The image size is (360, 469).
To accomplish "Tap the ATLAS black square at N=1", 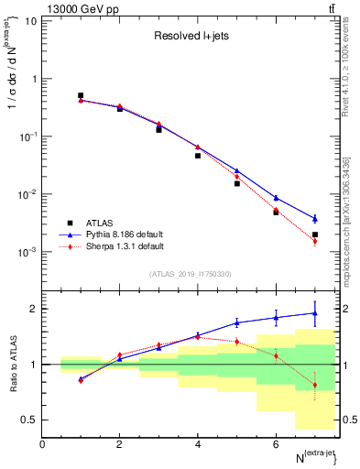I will (x=81, y=95).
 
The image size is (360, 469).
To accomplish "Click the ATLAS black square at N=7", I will (x=315, y=234).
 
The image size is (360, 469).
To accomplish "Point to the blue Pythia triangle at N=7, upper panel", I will (x=315, y=218).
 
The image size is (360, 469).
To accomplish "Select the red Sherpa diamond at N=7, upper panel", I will (x=315, y=242).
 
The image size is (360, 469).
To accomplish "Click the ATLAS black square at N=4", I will (x=198, y=156).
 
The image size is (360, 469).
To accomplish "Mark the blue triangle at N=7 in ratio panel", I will (x=315, y=313).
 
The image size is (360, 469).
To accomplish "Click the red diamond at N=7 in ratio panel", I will (x=315, y=385).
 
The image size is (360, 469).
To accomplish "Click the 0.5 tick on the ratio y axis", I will (x=31, y=420).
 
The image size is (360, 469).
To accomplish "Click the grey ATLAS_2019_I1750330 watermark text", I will (x=191, y=274).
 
